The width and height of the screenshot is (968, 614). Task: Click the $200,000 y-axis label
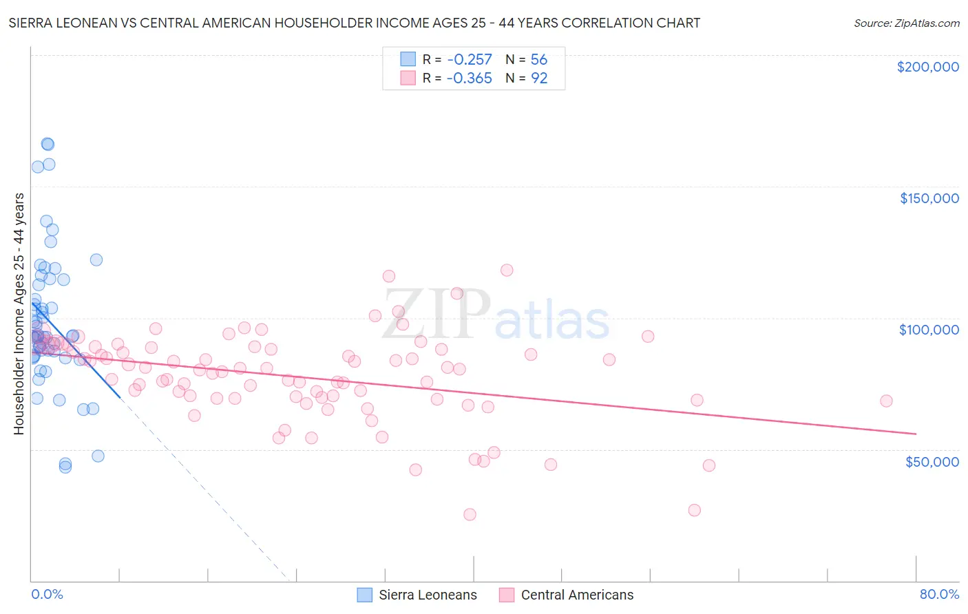click(927, 67)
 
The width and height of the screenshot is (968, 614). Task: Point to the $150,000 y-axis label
click(929, 198)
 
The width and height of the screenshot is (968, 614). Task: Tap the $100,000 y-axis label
click(929, 330)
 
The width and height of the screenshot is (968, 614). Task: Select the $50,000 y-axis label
click(932, 461)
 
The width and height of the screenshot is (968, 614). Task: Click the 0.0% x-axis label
click(47, 594)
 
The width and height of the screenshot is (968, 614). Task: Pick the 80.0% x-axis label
click(939, 594)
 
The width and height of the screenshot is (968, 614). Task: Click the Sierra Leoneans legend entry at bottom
click(428, 595)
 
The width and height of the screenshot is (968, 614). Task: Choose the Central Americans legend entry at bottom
click(577, 595)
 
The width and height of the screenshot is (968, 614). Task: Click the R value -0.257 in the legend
click(469, 59)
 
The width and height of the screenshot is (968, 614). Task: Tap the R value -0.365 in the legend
click(469, 78)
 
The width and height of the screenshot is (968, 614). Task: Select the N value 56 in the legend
click(539, 59)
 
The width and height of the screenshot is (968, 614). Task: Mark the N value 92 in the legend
click(539, 78)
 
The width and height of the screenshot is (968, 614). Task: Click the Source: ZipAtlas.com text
click(906, 23)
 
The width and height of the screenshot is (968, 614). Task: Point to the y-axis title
click(19, 313)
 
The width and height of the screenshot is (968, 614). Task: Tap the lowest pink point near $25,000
click(470, 514)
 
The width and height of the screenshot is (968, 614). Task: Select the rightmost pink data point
click(886, 401)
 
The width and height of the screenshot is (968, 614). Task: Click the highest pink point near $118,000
click(507, 270)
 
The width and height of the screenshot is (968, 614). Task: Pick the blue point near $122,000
click(96, 260)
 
